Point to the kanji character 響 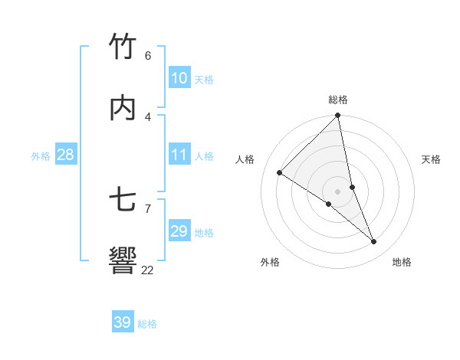click(123, 261)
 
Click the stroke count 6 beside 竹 click(148, 56)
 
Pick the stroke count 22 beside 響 click(147, 270)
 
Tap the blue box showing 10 click(179, 78)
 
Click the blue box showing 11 click(179, 155)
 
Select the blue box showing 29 click(179, 231)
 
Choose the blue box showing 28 click(66, 155)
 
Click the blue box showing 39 click(123, 322)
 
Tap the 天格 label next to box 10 click(204, 79)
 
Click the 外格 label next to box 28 click(41, 155)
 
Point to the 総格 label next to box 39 click(147, 323)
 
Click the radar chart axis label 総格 click(338, 100)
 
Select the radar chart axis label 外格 click(270, 262)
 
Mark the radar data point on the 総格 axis click(338, 116)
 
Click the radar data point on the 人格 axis click(280, 173)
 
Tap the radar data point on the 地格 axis click(374, 242)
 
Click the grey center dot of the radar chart click(338, 191)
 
